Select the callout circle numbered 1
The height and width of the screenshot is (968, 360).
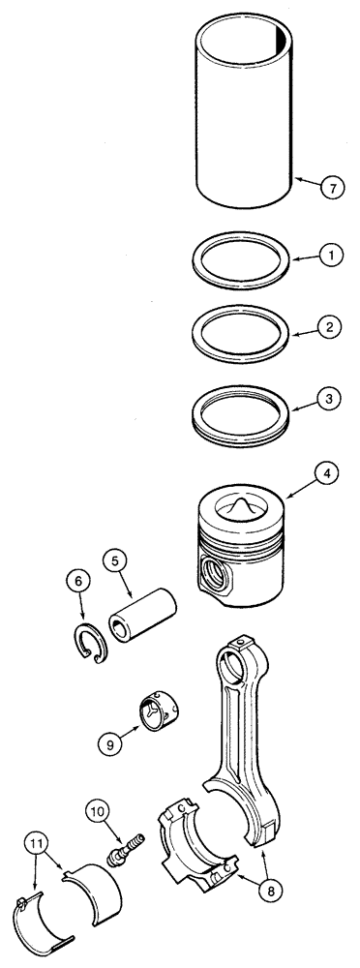coord(331,257)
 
